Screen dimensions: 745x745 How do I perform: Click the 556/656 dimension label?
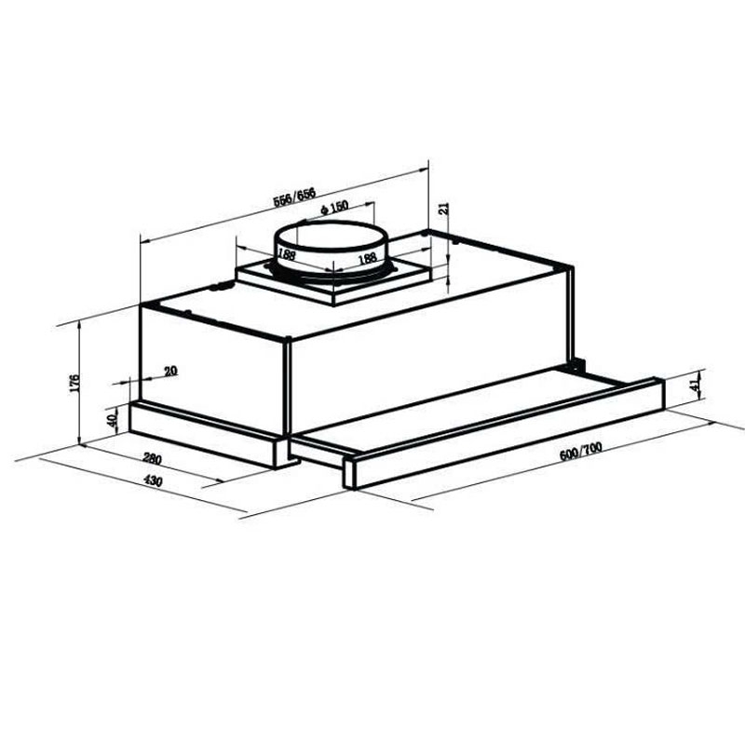click(296, 196)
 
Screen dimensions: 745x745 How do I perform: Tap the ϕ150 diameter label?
click(332, 207)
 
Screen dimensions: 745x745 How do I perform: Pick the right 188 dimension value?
click(366, 257)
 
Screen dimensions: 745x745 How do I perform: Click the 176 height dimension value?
click(74, 382)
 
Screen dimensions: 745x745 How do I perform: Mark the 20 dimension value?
click(169, 371)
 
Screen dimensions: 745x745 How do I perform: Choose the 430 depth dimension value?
click(154, 481)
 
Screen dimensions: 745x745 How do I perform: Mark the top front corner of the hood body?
click(291, 341)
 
